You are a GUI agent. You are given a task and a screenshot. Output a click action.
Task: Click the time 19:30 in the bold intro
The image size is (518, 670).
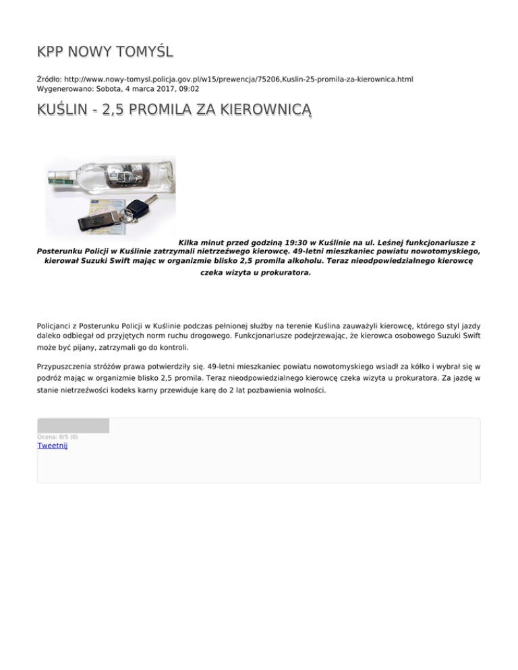[288, 241]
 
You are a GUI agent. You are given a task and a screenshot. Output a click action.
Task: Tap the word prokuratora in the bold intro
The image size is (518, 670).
[281, 274]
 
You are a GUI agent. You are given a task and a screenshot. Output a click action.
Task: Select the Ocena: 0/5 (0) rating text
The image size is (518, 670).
[57, 437]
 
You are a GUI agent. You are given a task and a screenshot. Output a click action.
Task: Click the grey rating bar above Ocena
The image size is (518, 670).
[73, 425]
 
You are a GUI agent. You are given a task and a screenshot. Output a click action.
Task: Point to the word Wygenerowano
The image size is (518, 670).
[60, 88]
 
